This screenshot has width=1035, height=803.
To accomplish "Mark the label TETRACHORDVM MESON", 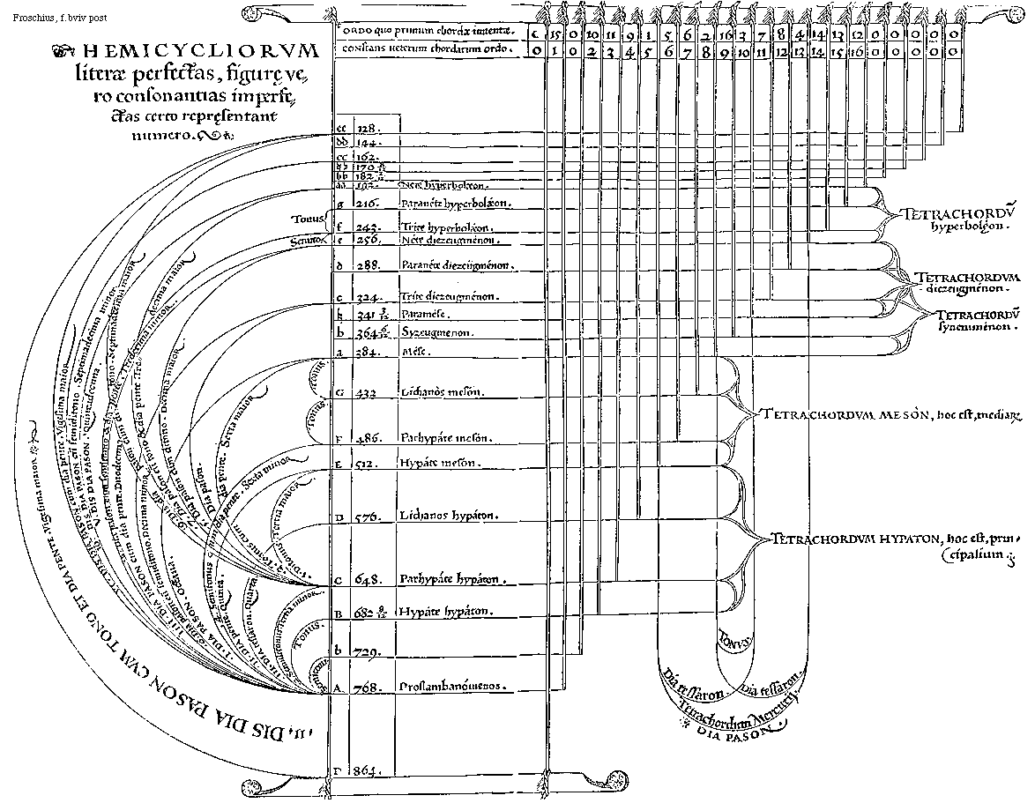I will (x=845, y=414).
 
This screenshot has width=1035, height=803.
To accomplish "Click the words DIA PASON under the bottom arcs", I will (x=722, y=731).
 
